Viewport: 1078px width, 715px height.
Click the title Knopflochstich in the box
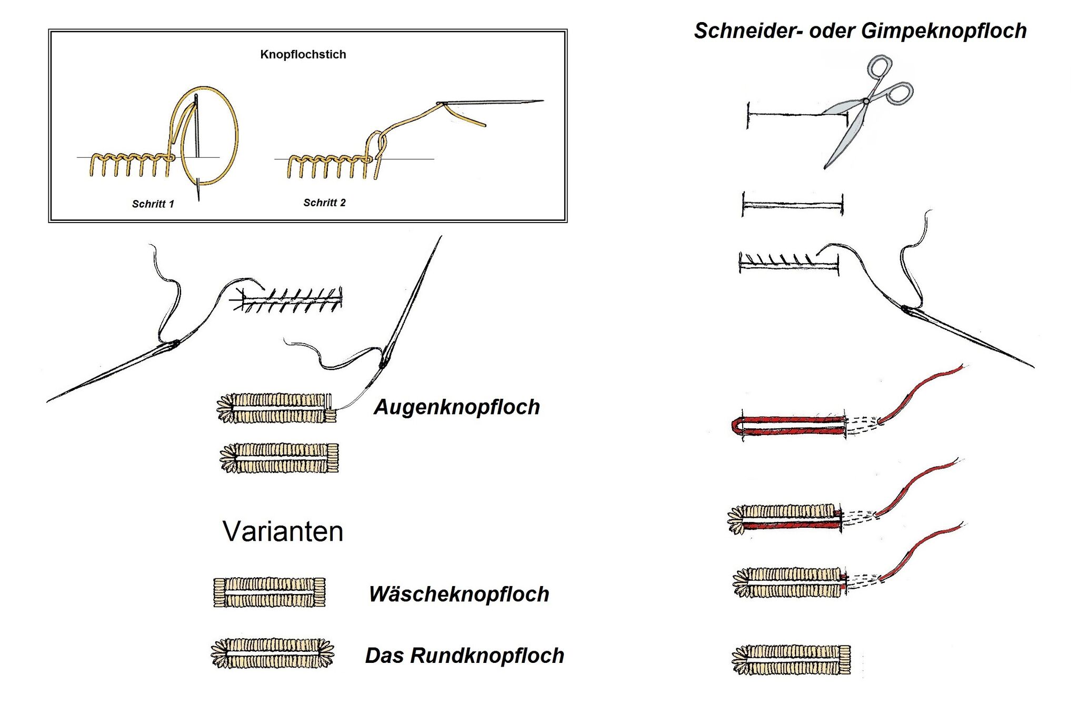coord(303,54)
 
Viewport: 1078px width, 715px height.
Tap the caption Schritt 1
coord(153,204)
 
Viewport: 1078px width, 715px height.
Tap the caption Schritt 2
coord(324,203)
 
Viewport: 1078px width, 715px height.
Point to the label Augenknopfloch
coord(457,407)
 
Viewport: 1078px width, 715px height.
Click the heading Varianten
coord(283,531)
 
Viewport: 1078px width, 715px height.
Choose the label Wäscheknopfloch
coord(459,594)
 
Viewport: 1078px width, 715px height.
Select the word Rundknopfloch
coord(487,656)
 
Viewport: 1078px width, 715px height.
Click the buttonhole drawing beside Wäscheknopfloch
coord(269,592)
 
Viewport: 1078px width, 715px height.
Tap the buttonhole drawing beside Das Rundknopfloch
coord(272,653)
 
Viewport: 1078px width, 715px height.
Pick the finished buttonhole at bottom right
coord(791,660)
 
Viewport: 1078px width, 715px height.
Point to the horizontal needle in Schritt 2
coord(492,102)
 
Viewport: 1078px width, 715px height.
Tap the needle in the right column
coord(969,337)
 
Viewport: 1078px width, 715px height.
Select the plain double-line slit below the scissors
coord(793,204)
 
